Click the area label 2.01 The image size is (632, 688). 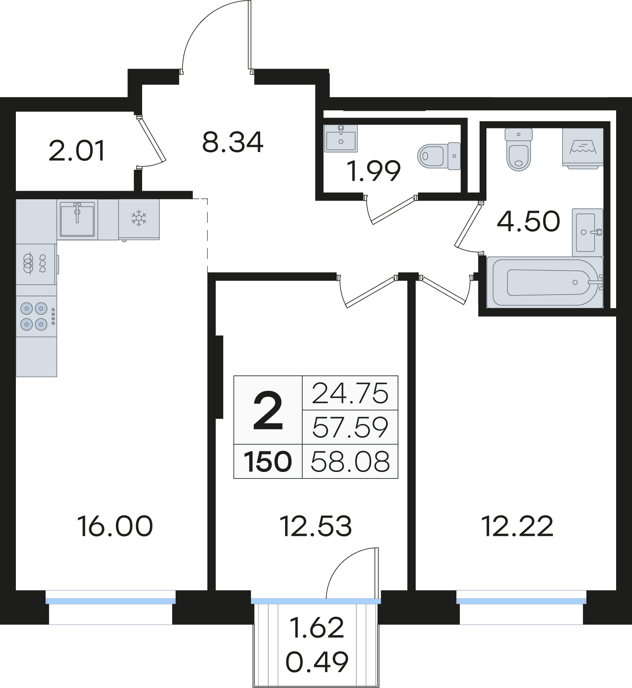77,151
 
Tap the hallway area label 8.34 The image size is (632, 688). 233,143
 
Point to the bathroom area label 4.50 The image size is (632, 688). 529,221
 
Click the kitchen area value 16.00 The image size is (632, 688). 115,527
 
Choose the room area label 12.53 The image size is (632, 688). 316,527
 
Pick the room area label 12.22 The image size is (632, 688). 518,527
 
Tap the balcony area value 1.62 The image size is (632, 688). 317,627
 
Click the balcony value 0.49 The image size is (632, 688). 317,662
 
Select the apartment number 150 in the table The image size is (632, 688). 268,462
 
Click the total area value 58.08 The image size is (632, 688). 350,462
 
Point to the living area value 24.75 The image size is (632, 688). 350,393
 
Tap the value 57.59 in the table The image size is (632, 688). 350,427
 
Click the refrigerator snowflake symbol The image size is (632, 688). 139,218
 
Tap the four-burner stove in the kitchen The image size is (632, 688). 36,316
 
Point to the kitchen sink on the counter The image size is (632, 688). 77,219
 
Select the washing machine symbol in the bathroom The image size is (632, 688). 583,147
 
